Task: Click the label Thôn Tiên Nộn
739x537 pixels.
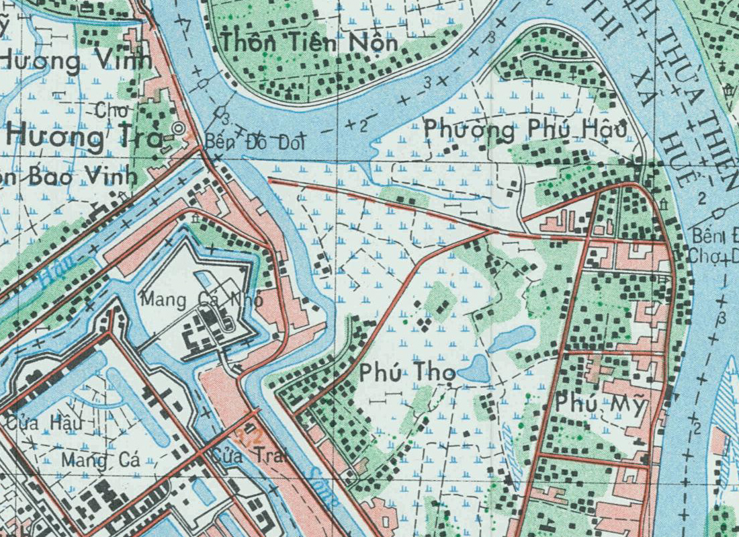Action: [x=310, y=42]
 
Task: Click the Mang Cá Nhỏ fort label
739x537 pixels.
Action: [x=201, y=300]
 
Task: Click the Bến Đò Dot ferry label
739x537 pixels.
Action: [x=255, y=142]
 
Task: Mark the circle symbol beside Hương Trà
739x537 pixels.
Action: [x=178, y=128]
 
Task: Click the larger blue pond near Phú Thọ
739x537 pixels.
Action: [x=475, y=370]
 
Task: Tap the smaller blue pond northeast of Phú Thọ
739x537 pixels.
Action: [x=513, y=338]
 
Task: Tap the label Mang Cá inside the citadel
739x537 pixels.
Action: [x=101, y=461]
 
